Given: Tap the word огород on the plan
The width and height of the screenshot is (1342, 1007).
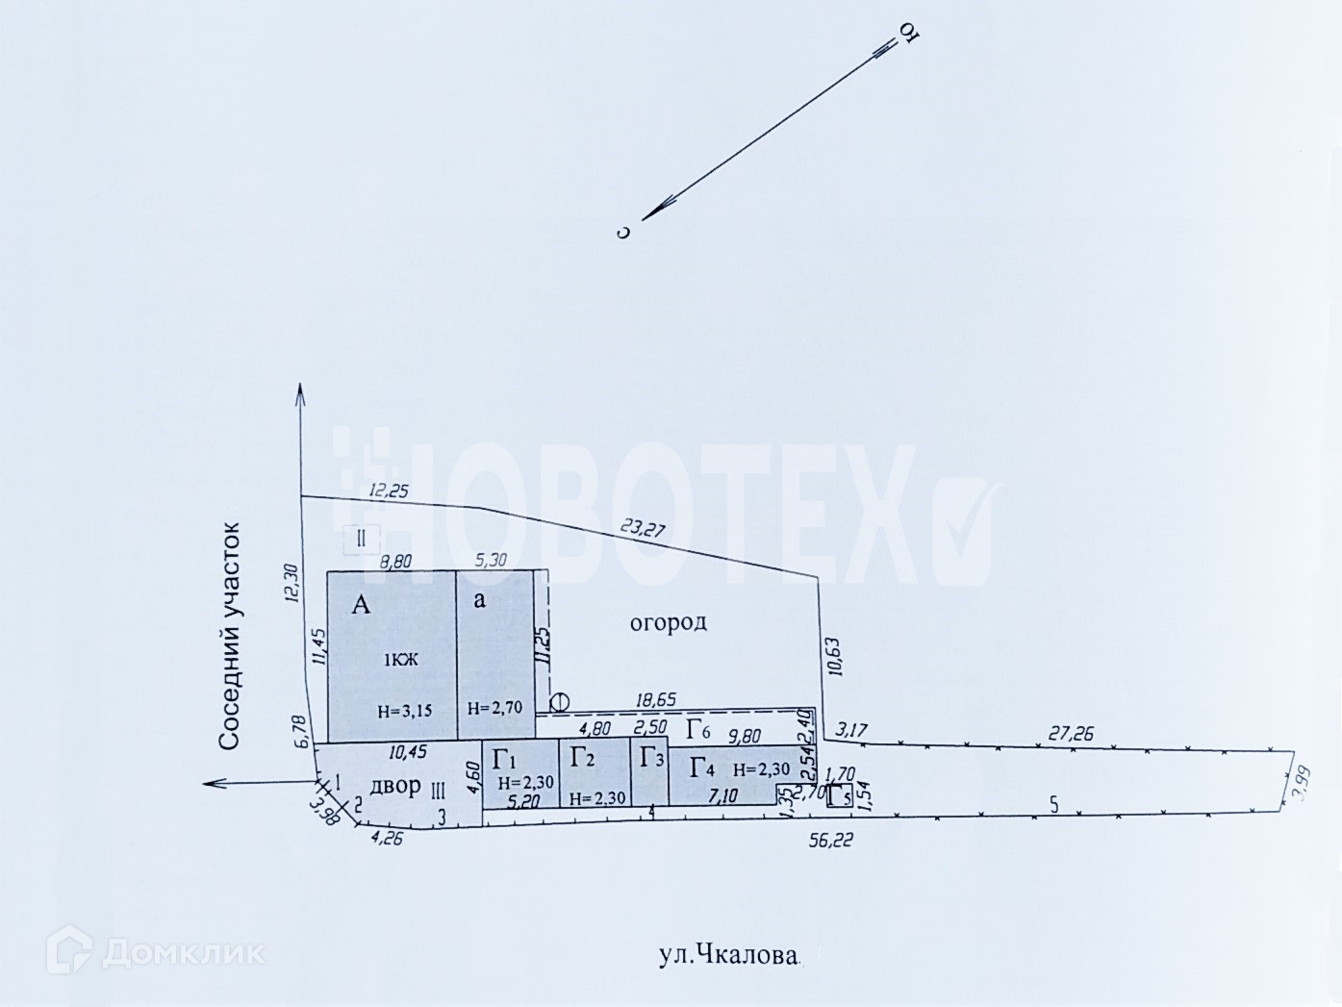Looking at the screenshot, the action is point(669,622).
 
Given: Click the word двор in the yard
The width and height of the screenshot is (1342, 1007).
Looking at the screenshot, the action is point(395,787).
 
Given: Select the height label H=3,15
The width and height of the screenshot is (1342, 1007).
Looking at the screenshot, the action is point(403,713).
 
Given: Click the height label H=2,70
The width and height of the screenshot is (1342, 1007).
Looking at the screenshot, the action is point(494,708).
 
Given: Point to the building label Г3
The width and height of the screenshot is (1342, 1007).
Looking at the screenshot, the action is point(652,758).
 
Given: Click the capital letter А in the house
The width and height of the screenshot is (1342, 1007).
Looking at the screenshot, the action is point(361,605).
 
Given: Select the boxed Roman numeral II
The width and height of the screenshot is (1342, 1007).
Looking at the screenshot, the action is point(362,538).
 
